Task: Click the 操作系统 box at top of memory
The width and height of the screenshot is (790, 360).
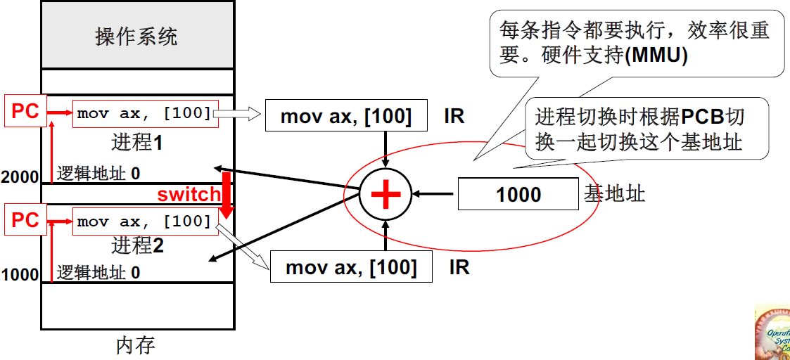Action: pyautogui.click(x=136, y=35)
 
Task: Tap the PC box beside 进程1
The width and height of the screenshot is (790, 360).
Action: pyautogui.click(x=25, y=110)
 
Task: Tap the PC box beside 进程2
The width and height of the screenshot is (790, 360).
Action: pyautogui.click(x=25, y=220)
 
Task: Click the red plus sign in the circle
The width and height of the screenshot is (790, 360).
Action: pyautogui.click(x=386, y=194)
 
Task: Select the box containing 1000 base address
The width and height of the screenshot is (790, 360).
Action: pyautogui.click(x=518, y=194)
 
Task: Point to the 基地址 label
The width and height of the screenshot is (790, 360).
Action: pyautogui.click(x=614, y=194)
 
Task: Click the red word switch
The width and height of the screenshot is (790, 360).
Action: pyautogui.click(x=189, y=194)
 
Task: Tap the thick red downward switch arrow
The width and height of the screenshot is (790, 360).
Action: pyautogui.click(x=227, y=200)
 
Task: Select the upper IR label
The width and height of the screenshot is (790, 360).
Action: pyautogui.click(x=454, y=116)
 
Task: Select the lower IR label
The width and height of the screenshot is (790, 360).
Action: pyautogui.click(x=459, y=267)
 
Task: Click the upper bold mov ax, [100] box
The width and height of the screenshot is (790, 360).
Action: pyautogui.click(x=346, y=116)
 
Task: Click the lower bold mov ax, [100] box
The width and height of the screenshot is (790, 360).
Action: pyautogui.click(x=351, y=267)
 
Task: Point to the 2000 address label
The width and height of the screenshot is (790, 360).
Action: pyautogui.click(x=20, y=176)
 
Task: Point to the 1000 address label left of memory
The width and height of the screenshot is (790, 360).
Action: pyautogui.click(x=20, y=274)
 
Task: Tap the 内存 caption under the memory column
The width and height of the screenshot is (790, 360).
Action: pyautogui.click(x=135, y=346)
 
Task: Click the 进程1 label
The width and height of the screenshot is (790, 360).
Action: pyautogui.click(x=137, y=143)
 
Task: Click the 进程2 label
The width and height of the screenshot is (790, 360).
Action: pyautogui.click(x=137, y=245)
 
